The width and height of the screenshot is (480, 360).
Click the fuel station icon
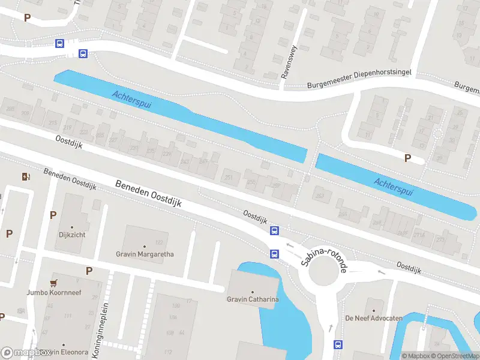[x=25, y=176]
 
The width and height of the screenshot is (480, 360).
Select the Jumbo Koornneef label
[x=53, y=293]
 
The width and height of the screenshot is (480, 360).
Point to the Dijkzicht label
[x=72, y=235]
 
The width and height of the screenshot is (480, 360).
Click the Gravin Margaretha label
[x=145, y=254]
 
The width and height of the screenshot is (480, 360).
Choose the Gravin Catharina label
[x=252, y=299]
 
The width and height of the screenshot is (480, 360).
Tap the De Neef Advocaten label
[x=373, y=318]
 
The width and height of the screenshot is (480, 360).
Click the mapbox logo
[x=28, y=353]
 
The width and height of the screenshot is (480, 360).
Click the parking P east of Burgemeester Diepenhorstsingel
[x=408, y=158]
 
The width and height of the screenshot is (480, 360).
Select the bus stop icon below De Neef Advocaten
[x=338, y=344]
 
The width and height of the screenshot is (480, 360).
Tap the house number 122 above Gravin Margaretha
[x=159, y=242]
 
